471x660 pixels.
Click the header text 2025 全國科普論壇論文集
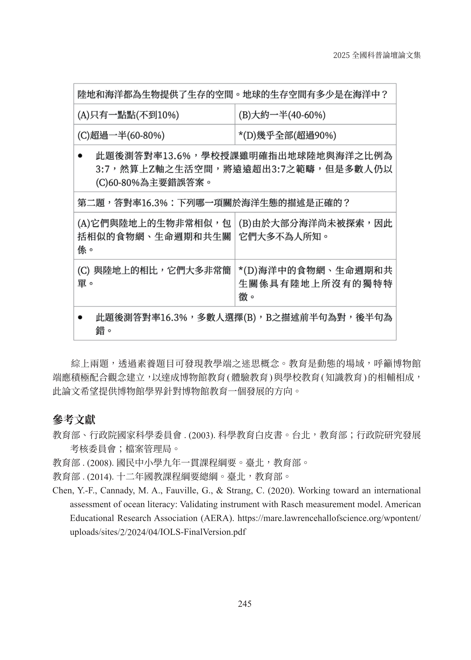click(377, 55)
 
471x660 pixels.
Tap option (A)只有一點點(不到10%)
click(128, 115)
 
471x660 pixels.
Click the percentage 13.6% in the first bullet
click(177, 156)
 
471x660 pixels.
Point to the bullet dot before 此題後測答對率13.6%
click(80, 156)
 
